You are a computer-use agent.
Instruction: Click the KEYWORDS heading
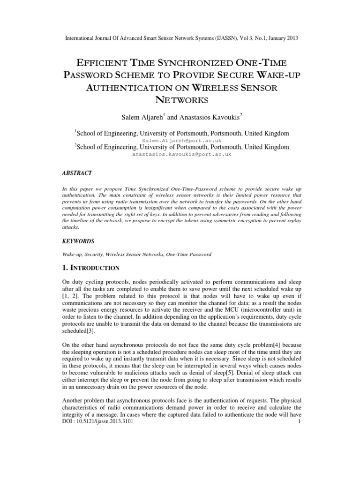tap(78, 241)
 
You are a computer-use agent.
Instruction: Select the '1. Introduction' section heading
tap(91, 268)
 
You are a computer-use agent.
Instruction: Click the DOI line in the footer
tap(98, 474)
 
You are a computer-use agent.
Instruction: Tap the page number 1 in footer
tap(298, 474)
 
